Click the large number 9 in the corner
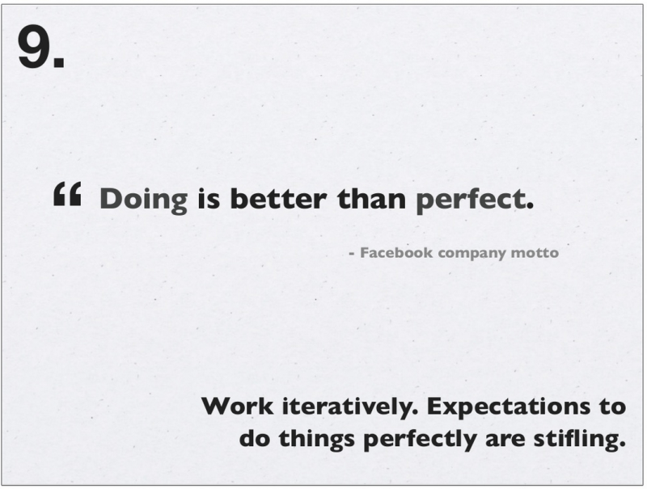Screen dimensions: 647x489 tap(35, 47)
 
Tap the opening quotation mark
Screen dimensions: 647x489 tap(67, 194)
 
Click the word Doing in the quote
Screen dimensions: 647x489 tap(144, 200)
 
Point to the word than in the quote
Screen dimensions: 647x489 tap(371, 198)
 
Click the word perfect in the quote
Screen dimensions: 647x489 tap(471, 200)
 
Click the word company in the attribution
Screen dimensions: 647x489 tap(472, 254)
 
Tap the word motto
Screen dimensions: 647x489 tap(535, 253)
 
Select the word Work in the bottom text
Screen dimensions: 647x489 tap(238, 406)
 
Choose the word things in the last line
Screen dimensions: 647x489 tap(316, 440)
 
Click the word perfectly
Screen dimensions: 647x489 tap(420, 440)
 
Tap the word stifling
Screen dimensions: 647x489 tap(580, 438)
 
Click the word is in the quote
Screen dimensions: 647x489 tap(209, 199)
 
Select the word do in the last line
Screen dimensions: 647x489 tap(254, 438)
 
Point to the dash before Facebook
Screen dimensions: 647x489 tap(352, 254)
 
